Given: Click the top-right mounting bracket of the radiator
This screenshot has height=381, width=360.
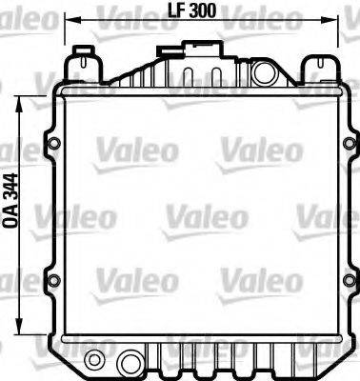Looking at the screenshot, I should pos(317,67).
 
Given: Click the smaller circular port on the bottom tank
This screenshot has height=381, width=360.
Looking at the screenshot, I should pos(93,360).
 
